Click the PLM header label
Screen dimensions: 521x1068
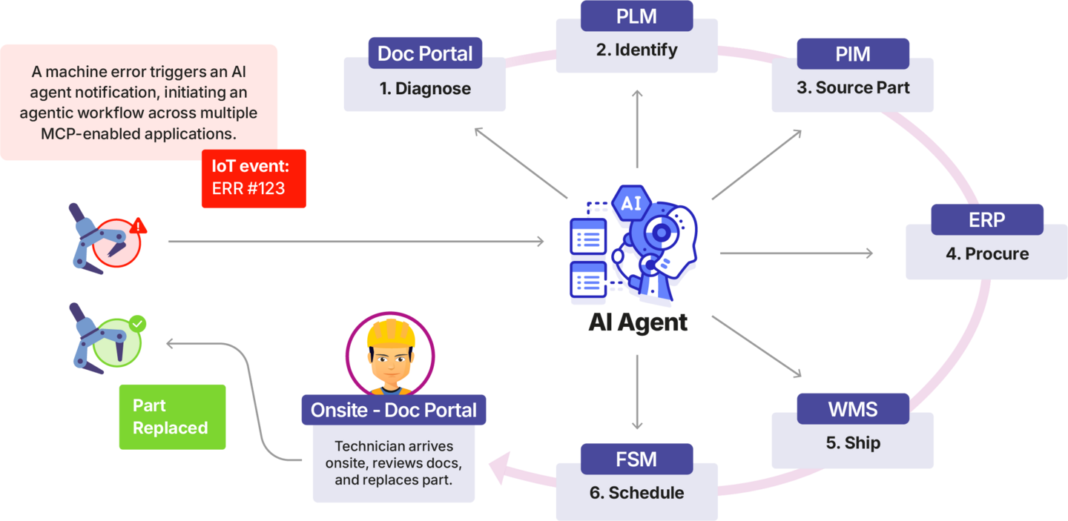coord(636,16)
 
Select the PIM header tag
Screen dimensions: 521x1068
coord(852,53)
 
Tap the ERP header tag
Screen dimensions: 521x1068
coord(986,219)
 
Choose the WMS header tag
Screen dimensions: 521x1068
coord(852,408)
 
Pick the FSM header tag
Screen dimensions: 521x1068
coord(636,459)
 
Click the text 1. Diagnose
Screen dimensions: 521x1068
coord(425,89)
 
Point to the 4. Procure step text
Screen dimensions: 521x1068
coord(986,254)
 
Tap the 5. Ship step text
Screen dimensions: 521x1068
coord(852,443)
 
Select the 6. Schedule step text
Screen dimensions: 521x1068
coord(636,493)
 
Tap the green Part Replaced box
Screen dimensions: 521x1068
coord(172,417)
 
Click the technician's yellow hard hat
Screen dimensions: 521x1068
coord(390,333)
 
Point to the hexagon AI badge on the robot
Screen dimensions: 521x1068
coord(631,204)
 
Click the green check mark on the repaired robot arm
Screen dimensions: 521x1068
coord(138,324)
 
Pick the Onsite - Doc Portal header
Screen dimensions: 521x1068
coord(393,410)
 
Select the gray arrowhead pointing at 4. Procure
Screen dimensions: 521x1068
coord(868,253)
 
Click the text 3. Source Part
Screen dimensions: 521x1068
coord(852,87)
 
